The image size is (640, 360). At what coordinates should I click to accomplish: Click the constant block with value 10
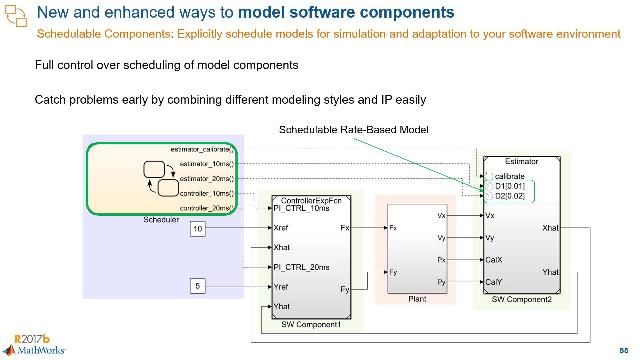point(197,229)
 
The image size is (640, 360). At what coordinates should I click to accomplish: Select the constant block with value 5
point(197,288)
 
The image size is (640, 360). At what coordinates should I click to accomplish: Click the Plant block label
point(419,299)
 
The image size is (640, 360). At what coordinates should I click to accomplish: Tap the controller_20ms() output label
point(204,207)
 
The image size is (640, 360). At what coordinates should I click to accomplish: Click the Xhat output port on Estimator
point(550,228)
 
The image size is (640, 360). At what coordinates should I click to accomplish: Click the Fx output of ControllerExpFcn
point(345,228)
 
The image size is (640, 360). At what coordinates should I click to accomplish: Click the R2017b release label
point(22,338)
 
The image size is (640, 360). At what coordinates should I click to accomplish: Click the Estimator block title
point(521,161)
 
